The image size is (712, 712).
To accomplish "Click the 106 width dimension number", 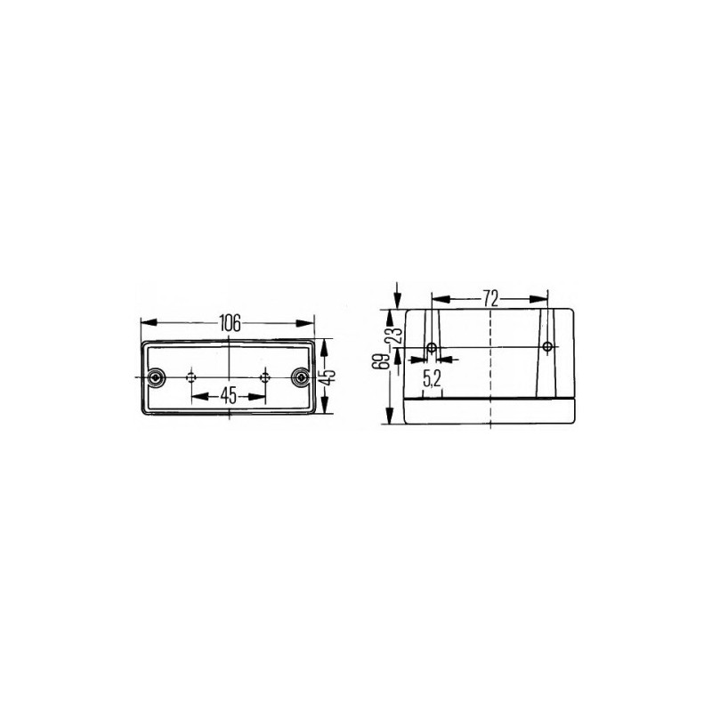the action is coord(230,323).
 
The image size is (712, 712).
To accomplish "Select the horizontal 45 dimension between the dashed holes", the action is coord(229,396).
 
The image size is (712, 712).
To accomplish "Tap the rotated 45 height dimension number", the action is coord(329,376).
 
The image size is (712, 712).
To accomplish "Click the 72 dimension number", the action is coord(490,299).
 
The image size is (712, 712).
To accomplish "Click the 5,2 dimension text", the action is coord(432,379).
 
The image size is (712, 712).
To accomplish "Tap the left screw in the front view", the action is coord(156,377).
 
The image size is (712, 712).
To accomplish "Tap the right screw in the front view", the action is coord(300,377).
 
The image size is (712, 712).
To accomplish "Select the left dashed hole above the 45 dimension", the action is coord(191,377).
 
